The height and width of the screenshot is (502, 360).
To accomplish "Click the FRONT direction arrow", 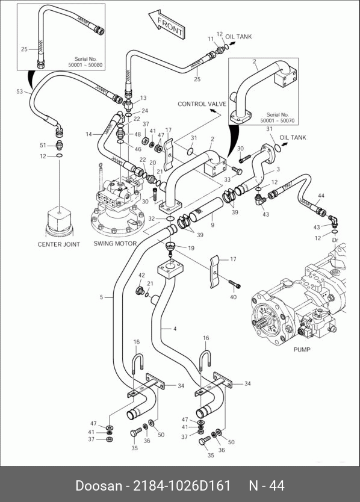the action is point(167,24).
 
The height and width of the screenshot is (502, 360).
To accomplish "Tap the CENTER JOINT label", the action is point(58,244).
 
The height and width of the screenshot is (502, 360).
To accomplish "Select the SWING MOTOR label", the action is point(115,243).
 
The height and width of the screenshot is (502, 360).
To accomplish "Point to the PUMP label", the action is point(302,350).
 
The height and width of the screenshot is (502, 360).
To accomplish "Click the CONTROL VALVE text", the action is point(202,104).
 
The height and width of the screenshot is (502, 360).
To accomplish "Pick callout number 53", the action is point(20,91).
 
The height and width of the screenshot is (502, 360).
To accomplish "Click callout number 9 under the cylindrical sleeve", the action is point(213,225).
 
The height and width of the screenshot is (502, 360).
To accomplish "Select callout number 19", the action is point(191,248).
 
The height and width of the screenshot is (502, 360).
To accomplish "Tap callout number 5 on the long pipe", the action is point(101,297).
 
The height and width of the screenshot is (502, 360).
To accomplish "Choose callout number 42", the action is point(141,275).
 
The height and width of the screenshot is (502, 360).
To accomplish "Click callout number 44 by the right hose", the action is point(321,196).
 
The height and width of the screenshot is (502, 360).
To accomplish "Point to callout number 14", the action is point(88,134).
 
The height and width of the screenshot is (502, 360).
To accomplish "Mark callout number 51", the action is point(43,145).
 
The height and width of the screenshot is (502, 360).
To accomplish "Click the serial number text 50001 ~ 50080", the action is point(85,65).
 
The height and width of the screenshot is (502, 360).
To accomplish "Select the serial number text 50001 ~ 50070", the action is point(278,121).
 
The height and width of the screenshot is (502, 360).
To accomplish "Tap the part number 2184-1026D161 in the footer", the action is point(182,486).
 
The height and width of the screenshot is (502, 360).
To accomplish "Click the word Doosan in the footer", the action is point(99,486).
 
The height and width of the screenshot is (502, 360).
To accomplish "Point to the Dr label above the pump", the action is point(335,240).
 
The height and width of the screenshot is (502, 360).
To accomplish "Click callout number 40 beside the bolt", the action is point(233,297).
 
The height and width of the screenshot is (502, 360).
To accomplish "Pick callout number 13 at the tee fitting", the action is point(143,98).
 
